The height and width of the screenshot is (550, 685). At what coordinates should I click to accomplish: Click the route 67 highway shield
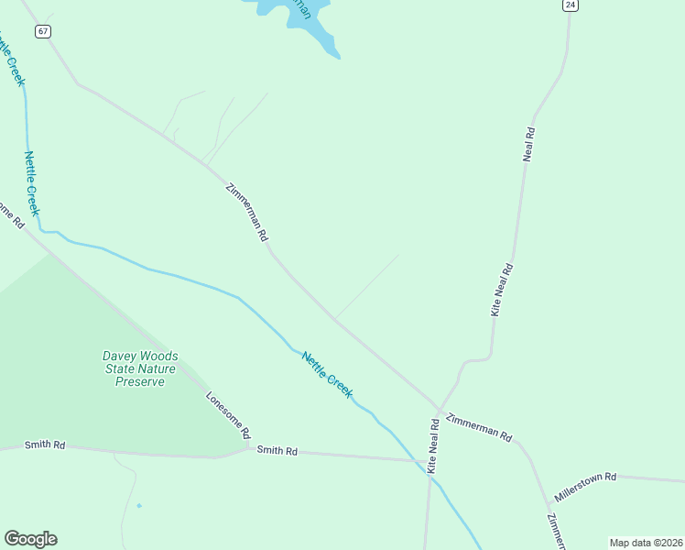point(43,31)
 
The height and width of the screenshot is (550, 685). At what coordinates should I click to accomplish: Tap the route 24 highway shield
point(571,5)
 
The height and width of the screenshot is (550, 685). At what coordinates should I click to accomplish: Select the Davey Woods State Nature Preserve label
point(139,368)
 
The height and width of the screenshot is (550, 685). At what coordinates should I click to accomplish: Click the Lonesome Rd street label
point(228,415)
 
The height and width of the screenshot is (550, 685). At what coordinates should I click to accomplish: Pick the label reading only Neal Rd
point(528,145)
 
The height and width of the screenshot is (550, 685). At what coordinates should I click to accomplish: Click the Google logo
point(30,539)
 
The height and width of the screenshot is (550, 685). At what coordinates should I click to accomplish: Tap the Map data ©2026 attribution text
point(646,543)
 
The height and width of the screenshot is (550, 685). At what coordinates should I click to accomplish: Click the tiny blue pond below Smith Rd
point(139,505)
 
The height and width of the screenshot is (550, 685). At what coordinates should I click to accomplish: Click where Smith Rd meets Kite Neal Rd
point(429,461)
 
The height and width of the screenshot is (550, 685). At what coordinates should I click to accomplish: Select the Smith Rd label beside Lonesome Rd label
point(277,451)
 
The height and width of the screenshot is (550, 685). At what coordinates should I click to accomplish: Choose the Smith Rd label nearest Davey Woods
point(45,445)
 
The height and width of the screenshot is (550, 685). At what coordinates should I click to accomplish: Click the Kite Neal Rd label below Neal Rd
point(502,291)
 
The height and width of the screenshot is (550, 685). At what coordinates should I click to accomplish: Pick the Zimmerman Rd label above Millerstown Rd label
point(478,428)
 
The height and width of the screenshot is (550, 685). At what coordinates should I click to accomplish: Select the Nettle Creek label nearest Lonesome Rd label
point(327,375)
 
